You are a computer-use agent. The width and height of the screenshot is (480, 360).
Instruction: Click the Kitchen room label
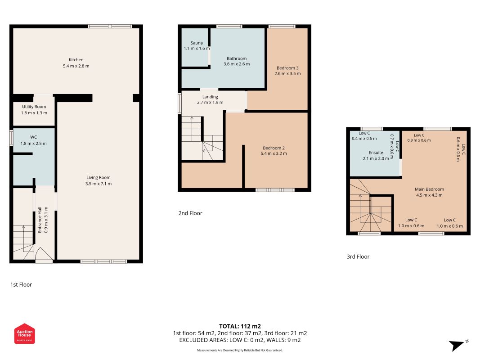pyautogui.click(x=76, y=60)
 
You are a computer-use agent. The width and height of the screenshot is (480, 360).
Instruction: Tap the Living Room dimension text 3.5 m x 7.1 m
pyautogui.click(x=98, y=184)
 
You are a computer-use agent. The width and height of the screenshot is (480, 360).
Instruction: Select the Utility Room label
pyautogui.click(x=34, y=107)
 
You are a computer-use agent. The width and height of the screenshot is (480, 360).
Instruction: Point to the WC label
pyautogui.click(x=33, y=137)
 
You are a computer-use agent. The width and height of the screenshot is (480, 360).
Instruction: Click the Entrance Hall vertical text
pyautogui.click(x=40, y=220)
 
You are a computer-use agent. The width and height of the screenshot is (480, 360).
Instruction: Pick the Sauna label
pyautogui.click(x=197, y=43)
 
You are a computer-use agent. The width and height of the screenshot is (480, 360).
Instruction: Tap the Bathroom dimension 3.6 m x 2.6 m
pyautogui.click(x=237, y=64)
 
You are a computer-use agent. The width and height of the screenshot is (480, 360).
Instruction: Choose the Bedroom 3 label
pyautogui.click(x=287, y=68)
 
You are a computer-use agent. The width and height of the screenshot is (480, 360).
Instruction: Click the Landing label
pyautogui.click(x=210, y=97)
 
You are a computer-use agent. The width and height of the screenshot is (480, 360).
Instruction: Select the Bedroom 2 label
pyautogui.click(x=274, y=148)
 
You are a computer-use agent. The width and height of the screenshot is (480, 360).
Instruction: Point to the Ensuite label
pyautogui.click(x=376, y=153)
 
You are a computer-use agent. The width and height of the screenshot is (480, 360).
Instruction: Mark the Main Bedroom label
pyautogui.click(x=429, y=189)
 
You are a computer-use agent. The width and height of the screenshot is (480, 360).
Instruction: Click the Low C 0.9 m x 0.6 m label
pyautogui.click(x=419, y=138)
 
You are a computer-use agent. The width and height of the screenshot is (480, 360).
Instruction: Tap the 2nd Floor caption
pyautogui.click(x=190, y=213)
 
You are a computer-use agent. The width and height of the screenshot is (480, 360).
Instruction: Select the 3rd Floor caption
pyautogui.click(x=358, y=256)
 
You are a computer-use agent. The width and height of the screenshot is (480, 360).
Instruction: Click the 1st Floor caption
pyautogui.click(x=21, y=284)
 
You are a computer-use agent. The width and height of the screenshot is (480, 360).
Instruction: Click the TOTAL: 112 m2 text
pyautogui.click(x=240, y=326)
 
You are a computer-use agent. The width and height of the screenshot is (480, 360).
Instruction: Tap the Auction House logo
pyautogui.click(x=24, y=333)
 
